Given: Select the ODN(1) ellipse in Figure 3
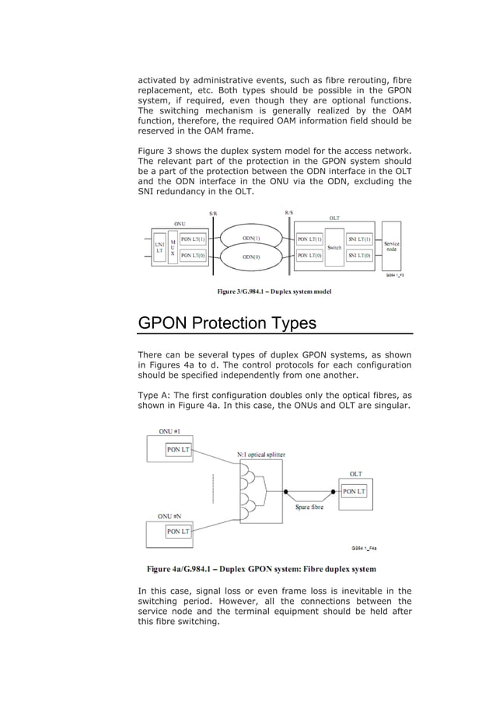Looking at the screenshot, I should click(251, 239).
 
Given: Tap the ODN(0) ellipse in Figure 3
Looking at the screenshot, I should click(251, 255).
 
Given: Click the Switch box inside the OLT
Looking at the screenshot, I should click(334, 247).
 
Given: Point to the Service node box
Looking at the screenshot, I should click(392, 246).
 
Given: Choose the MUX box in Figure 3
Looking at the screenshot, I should click(173, 246).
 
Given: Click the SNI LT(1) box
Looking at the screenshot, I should click(360, 239).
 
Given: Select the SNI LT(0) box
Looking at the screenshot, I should click(360, 254).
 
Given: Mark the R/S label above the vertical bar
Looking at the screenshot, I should click(289, 211).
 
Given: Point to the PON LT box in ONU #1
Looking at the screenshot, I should click(178, 448).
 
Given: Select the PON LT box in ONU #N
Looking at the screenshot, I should click(178, 532).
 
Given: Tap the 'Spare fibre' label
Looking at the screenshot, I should click(310, 507).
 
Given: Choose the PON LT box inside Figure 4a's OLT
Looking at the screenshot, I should click(355, 491).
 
